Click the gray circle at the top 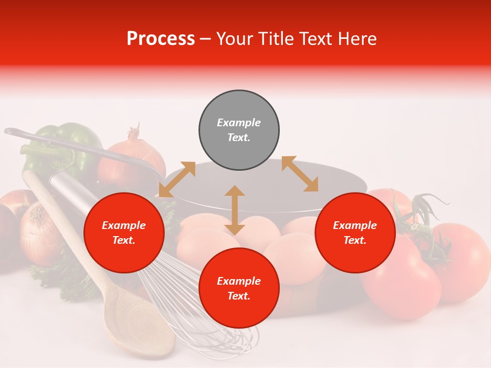coord(239,130)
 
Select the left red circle coord(124,233)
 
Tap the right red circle coord(355,233)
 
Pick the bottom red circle coord(239,289)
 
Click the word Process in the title coord(161,39)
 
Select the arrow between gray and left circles coord(177,179)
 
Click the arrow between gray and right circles coord(300,174)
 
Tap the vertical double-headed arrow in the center coord(235,210)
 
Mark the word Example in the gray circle coord(239,123)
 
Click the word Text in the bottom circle coord(239,296)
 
